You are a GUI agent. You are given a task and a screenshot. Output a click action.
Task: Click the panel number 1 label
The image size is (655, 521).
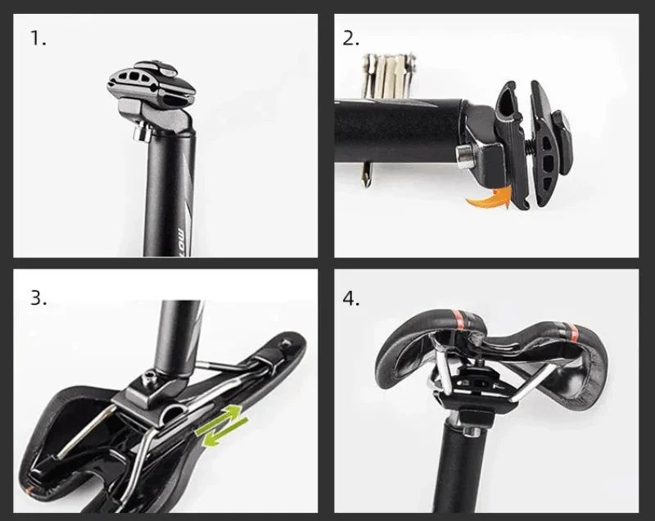38,39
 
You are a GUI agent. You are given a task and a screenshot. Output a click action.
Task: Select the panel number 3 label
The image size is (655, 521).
38,297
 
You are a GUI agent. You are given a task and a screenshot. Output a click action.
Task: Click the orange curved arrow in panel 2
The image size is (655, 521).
489,197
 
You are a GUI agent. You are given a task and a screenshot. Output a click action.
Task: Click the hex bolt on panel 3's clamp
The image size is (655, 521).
149,378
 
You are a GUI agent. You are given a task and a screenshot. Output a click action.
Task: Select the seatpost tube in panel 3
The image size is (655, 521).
178,328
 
